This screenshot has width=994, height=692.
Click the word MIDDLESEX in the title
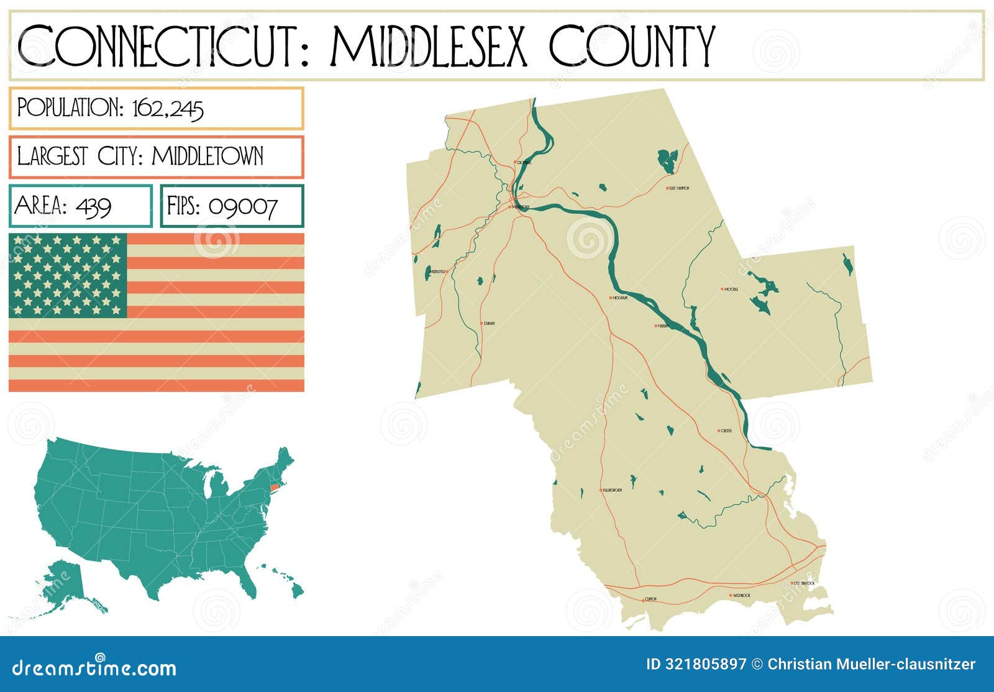pos(429,46)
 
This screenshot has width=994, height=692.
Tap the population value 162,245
pos(168,109)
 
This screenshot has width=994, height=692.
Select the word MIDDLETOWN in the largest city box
pos(207,156)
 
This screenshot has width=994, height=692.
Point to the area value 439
pos(93,206)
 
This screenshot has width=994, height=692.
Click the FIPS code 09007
pos(243,206)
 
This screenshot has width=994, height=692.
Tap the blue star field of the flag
pos(68,275)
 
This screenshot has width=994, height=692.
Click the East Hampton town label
pos(679,188)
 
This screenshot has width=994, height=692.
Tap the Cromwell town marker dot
pos(515,162)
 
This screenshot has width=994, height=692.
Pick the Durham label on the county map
pos(489,323)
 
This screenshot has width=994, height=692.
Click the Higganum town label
pos(621,298)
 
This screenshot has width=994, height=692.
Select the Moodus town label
pos(731,289)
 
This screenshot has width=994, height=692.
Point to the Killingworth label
pos(613,490)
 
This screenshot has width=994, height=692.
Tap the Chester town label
pos(726,430)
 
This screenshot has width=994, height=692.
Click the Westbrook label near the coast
pos(742,595)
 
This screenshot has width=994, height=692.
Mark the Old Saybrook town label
pos(804,583)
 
